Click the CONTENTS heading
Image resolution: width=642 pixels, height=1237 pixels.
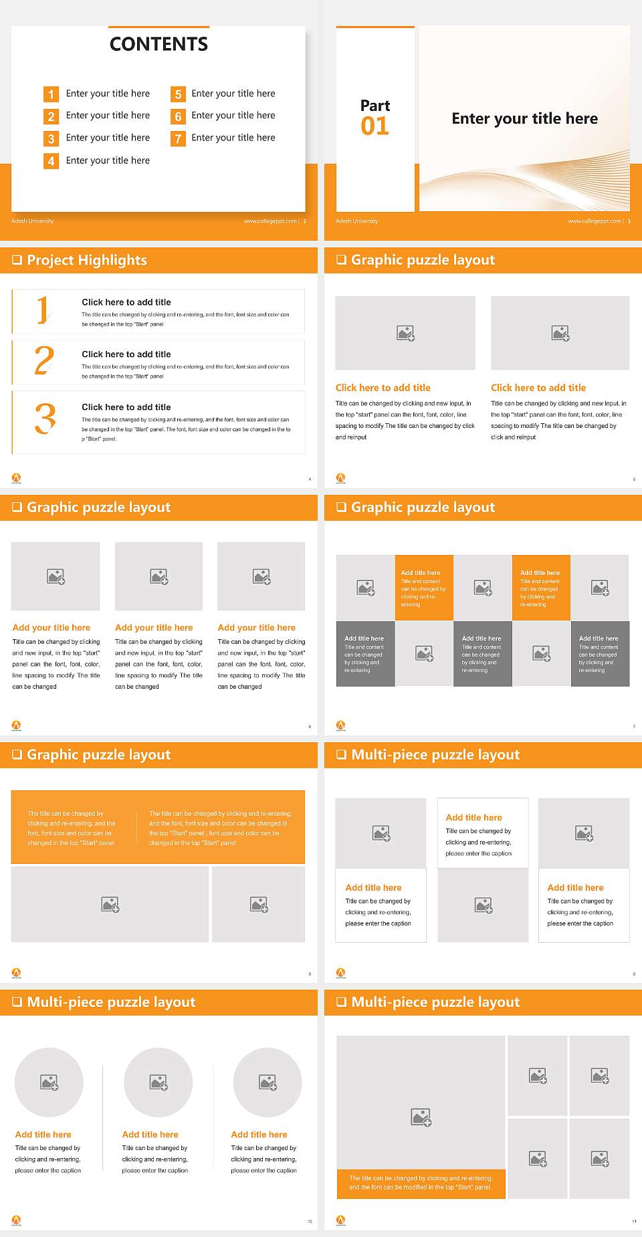click(158, 44)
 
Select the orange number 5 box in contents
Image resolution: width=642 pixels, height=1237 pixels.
click(178, 94)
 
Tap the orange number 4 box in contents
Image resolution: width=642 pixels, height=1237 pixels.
click(51, 161)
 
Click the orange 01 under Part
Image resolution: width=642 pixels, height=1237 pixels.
click(374, 126)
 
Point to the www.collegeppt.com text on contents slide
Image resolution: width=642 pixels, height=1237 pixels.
click(270, 221)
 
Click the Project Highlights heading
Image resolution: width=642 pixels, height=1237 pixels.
click(87, 260)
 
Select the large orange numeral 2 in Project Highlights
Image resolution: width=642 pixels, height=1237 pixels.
click(44, 361)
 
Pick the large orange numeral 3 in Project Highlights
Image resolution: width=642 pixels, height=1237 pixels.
click(45, 419)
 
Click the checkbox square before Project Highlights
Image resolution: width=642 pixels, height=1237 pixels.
click(17, 260)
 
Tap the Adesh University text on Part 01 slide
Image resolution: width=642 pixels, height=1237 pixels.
click(356, 221)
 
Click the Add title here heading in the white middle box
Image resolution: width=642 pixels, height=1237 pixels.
click(473, 818)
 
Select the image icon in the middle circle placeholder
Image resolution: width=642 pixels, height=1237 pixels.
click(158, 1082)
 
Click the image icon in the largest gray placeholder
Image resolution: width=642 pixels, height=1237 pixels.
click(421, 1117)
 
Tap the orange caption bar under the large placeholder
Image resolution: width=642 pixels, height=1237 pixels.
click(421, 1183)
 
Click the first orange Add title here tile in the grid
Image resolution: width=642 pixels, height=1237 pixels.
click(424, 588)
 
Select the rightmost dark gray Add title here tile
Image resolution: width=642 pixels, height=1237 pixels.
click(600, 653)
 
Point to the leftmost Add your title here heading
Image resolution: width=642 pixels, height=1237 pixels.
click(51, 628)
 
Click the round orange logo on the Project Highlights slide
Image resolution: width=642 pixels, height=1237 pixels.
click(17, 477)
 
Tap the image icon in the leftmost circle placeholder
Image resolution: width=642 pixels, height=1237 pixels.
click(49, 1082)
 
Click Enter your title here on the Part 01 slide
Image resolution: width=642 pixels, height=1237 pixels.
click(524, 119)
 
